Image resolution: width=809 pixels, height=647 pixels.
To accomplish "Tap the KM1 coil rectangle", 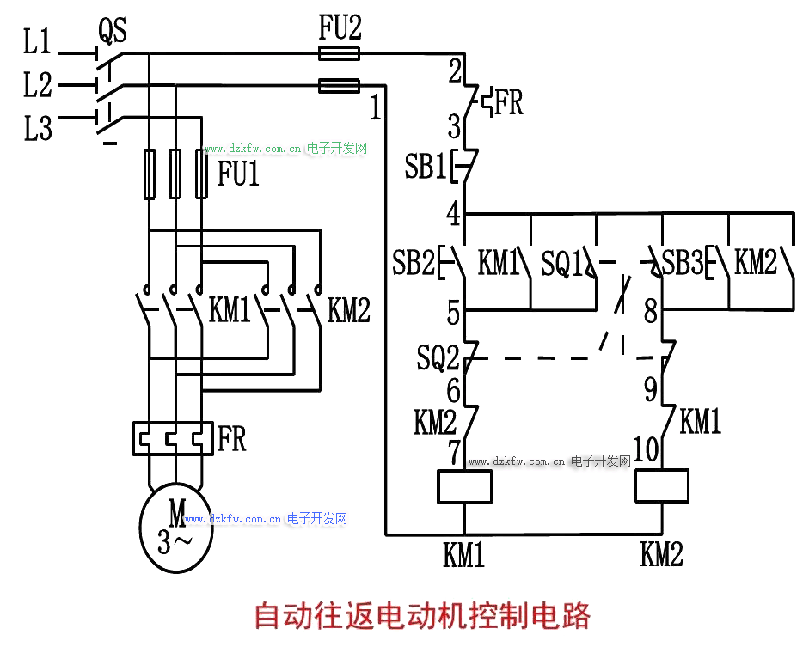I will pos(464,487).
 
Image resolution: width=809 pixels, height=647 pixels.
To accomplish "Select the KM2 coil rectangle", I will pos(662,486).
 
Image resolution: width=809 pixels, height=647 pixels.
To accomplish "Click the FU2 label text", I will pos(340,29).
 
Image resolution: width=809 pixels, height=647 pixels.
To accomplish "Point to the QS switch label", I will pos(112,31).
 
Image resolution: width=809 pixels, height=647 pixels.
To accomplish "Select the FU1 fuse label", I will pos(238,175).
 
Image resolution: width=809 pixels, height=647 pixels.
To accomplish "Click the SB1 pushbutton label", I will pos(426,168).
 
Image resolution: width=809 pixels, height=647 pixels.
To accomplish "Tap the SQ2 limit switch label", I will pos(438,357).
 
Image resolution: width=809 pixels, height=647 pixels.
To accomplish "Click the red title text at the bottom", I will pos(422,616).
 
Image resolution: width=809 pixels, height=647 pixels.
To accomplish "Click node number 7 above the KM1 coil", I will pos(454,449).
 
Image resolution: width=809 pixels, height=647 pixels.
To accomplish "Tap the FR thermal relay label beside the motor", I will pos(232,439).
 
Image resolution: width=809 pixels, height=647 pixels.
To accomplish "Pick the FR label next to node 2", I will pos(508,103).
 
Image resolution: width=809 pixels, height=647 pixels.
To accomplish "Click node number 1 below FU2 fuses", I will pos(375,108).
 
